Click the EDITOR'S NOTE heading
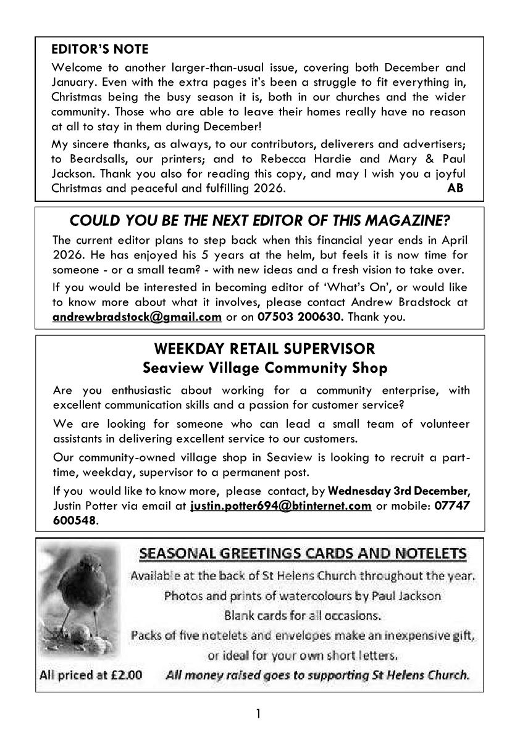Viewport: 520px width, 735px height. click(100, 49)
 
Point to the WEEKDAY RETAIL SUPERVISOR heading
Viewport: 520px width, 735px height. click(264, 349)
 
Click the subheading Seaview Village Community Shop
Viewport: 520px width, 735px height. click(264, 368)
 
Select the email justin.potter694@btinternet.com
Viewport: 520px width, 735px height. click(281, 506)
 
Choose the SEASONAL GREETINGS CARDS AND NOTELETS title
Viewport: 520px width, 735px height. click(303, 553)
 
